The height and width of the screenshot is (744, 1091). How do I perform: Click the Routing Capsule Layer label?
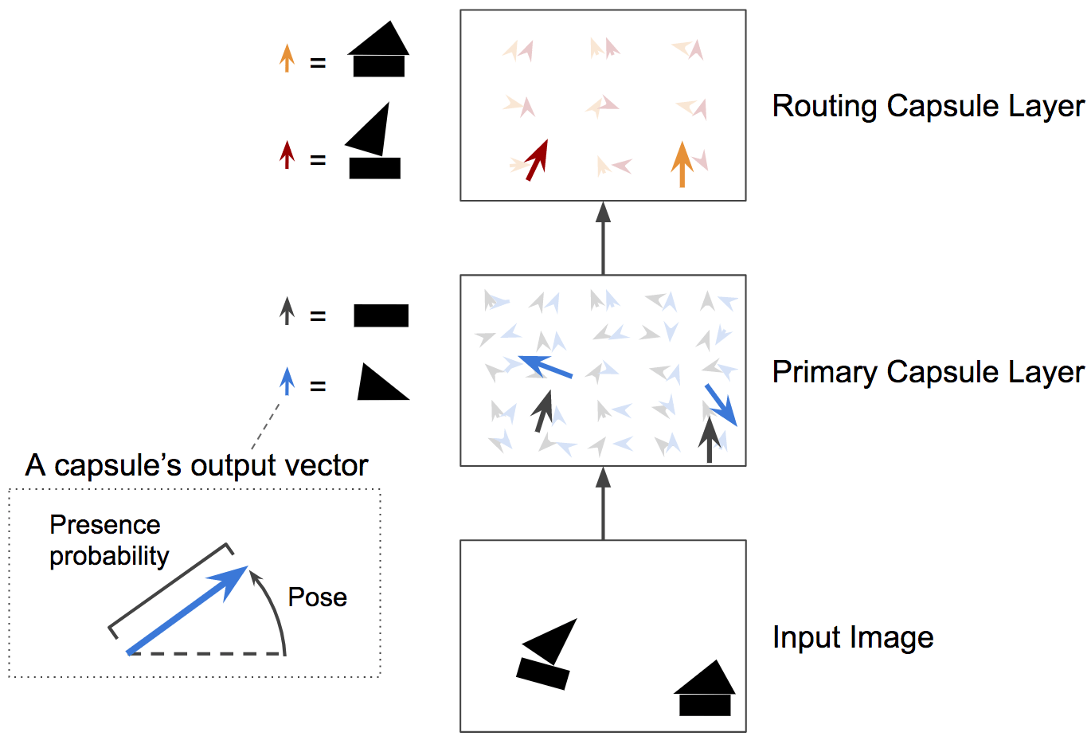pos(929,107)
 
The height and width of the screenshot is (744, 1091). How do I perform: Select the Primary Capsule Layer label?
pos(929,373)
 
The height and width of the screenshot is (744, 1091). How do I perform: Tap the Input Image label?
pos(853,637)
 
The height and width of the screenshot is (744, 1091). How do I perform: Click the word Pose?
pos(318,597)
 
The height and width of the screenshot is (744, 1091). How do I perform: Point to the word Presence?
pos(104,525)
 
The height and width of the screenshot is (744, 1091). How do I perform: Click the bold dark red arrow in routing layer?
pos(537,160)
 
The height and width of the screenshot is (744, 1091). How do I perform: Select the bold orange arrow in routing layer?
pos(682,164)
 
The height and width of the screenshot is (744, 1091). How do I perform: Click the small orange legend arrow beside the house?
pos(287,58)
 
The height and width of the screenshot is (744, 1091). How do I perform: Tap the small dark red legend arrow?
pos(287,155)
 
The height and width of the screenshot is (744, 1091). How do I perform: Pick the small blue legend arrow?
pos(287,381)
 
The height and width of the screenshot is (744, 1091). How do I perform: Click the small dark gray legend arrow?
pos(287,311)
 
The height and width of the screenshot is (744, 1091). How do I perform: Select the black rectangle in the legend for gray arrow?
pos(381,315)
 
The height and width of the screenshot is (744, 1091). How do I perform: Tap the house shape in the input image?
pos(705,688)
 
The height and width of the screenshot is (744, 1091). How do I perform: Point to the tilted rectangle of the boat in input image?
pos(542,674)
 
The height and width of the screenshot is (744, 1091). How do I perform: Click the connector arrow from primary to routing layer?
pos(603,238)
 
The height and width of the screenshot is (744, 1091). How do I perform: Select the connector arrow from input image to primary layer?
pos(603,503)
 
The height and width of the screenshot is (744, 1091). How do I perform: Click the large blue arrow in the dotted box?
pos(187,610)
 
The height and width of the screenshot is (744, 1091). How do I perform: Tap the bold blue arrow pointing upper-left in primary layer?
pos(545,366)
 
